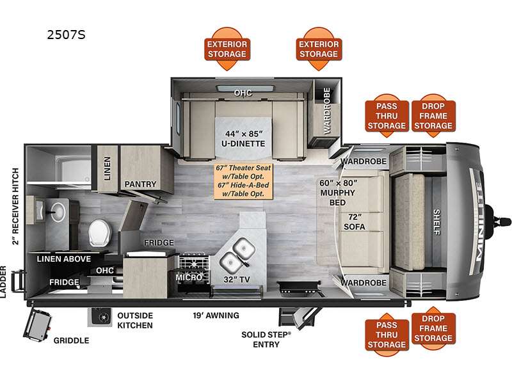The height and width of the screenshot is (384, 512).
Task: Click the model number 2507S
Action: coord(67,35)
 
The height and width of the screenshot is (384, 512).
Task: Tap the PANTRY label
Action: coord(141,184)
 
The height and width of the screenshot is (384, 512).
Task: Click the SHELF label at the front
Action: coord(437,221)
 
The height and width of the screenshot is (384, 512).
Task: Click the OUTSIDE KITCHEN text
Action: coord(134,321)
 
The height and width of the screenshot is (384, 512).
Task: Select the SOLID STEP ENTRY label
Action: coord(266,339)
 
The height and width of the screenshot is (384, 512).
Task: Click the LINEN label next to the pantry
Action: coord(107,168)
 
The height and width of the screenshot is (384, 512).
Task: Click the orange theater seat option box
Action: coord(244,180)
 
